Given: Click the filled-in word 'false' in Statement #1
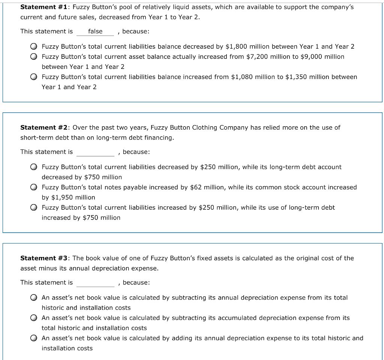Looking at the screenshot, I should click(x=95, y=31).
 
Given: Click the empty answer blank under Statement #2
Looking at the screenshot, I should click(x=95, y=152).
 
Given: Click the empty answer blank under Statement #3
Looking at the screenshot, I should click(x=95, y=282).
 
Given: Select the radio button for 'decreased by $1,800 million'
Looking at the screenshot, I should click(x=34, y=47).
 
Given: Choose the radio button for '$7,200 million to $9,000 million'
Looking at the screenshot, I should click(x=34, y=57).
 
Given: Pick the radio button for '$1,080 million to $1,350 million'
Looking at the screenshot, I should click(x=34, y=77).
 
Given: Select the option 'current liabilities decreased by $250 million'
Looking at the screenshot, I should click(x=34, y=167).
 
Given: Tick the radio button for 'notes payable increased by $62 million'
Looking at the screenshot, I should click(x=34, y=187).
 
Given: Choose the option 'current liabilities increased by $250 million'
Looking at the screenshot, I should click(x=34, y=208).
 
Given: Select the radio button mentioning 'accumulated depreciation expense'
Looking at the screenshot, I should click(x=34, y=318).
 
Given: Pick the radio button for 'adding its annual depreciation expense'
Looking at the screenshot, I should click(x=34, y=338).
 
